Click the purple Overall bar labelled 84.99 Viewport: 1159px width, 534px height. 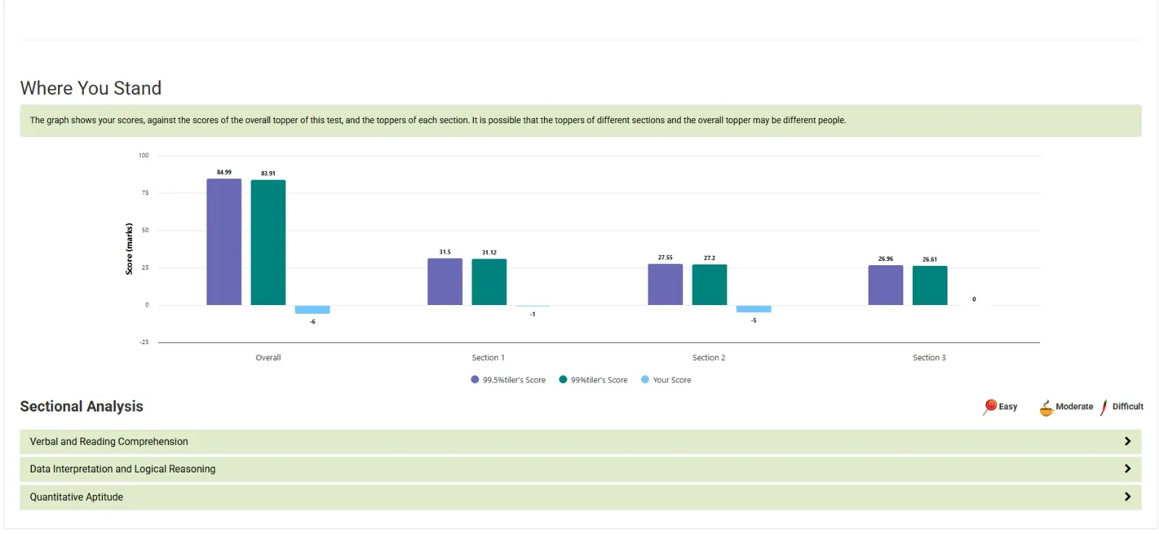[x=224, y=242]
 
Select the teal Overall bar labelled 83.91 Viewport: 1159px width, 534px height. [x=268, y=243]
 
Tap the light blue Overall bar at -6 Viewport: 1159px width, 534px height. [x=312, y=309]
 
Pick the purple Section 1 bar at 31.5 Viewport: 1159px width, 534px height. [x=445, y=282]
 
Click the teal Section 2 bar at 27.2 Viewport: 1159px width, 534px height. [x=709, y=285]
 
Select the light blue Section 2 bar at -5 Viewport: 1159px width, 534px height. [x=753, y=309]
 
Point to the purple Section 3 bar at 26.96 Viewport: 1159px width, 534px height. [x=885, y=285]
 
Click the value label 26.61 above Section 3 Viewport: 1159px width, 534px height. [x=929, y=259]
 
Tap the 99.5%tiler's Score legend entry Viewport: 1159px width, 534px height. [x=509, y=380]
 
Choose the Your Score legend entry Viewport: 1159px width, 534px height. [x=666, y=380]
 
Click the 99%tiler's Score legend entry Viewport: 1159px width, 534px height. [x=593, y=380]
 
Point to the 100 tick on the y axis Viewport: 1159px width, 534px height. [x=143, y=155]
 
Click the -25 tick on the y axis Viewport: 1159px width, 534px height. [x=143, y=342]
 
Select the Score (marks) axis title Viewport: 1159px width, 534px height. [x=129, y=249]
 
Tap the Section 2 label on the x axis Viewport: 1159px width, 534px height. [x=708, y=358]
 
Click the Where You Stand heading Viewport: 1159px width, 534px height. [x=91, y=88]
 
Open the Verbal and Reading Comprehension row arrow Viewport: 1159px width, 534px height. [x=1127, y=441]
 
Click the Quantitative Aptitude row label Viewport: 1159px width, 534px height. [x=76, y=497]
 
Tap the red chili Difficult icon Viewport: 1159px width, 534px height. [x=1104, y=407]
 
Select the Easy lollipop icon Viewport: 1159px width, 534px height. [x=990, y=406]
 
